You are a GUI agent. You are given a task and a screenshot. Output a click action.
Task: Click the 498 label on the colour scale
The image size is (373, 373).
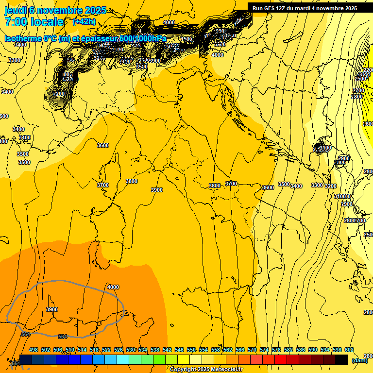point(34,350)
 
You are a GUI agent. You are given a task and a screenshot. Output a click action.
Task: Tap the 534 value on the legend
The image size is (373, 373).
point(143,350)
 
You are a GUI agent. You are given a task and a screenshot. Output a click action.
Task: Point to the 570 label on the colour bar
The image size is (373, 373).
point(252,350)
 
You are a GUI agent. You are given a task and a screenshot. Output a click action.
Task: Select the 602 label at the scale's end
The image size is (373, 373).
point(349,350)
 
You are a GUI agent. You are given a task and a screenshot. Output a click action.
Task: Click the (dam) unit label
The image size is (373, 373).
point(359,360)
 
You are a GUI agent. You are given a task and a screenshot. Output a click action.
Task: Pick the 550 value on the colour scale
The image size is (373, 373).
point(191,350)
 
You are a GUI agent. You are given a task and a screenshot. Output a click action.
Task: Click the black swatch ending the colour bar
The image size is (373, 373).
point(341,359)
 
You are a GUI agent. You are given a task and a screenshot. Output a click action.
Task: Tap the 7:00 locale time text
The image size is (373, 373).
point(34,22)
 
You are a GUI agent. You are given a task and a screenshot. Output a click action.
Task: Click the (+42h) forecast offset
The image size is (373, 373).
point(84,22)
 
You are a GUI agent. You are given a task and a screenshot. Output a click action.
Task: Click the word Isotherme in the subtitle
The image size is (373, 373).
point(22,38)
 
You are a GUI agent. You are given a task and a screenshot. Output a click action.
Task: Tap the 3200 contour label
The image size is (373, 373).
point(331,186)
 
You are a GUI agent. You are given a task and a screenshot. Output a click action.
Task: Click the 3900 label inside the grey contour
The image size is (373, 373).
point(52,309)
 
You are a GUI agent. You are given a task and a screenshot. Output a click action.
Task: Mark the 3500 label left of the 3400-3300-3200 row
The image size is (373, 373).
point(284,184)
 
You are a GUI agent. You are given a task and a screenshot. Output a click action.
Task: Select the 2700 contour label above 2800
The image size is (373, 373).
point(358,90)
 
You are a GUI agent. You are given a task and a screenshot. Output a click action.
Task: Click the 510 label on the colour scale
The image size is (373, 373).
point(70,350)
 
